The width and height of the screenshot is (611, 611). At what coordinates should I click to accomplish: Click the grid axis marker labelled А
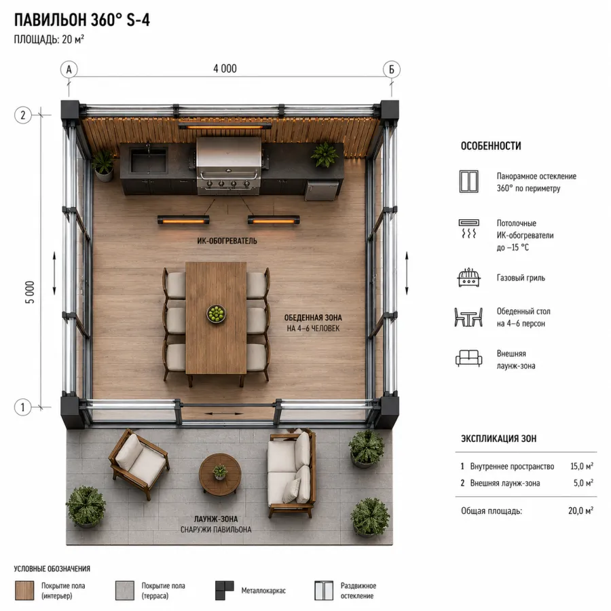69,69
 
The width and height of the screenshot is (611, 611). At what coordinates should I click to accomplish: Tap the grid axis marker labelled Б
392,69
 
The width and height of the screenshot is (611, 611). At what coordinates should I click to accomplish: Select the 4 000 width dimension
225,69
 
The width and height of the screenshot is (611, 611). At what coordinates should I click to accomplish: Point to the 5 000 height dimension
30,292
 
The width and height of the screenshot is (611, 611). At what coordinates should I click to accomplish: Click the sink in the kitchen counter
149,160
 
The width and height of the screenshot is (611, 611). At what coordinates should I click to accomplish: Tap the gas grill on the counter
229,165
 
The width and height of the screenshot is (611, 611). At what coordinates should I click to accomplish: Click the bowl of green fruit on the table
217,314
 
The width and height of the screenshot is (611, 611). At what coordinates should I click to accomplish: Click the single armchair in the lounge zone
138,462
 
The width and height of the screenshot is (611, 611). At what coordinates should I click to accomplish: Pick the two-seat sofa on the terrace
291,473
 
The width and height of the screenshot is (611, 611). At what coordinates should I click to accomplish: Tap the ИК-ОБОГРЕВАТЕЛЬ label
227,241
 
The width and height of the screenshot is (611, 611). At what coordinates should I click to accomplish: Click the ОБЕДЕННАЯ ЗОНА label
313,318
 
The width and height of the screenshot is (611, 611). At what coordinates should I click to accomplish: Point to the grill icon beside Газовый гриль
468,278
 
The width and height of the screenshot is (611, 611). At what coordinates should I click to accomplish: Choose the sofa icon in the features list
468,358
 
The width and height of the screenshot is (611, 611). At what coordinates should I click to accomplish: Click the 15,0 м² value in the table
582,466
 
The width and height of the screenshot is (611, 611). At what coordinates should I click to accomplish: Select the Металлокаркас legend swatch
225,591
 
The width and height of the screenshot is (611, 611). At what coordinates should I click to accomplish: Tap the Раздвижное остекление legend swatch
324,591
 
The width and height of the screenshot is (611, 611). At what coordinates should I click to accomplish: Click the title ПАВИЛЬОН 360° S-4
82,20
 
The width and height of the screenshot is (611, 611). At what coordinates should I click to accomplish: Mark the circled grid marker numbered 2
22,115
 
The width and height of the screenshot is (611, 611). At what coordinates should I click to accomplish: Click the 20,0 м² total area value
580,511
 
